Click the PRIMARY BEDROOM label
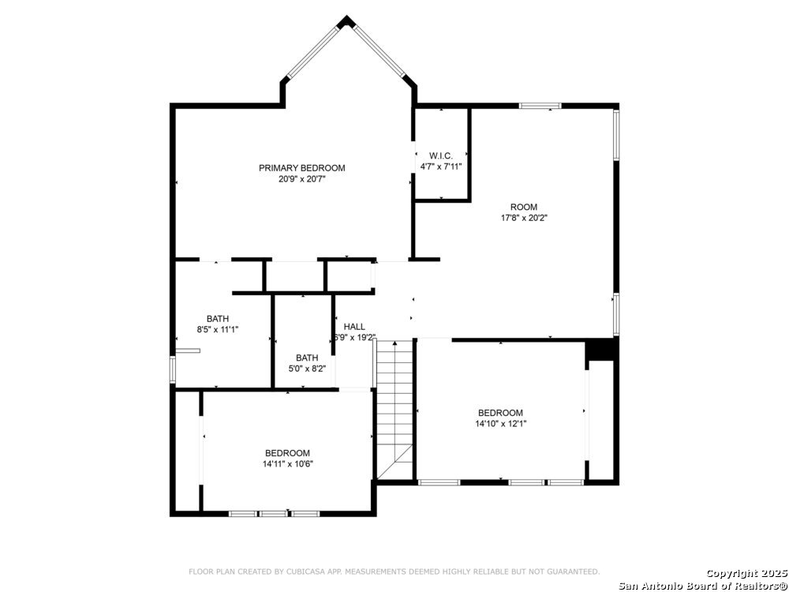click(302, 167)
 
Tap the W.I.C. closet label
click(441, 156)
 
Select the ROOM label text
click(524, 207)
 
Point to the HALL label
click(354, 327)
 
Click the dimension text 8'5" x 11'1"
click(218, 329)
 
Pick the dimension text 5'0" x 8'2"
click(307, 369)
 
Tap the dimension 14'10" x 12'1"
click(501, 424)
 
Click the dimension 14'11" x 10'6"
click(288, 463)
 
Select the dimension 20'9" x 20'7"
click(302, 178)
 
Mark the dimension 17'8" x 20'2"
click(524, 218)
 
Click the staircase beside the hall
click(395, 409)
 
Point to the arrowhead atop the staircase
click(395, 343)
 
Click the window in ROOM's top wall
click(540, 106)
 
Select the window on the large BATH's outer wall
click(173, 369)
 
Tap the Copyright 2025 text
click(746, 573)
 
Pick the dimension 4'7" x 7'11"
click(441, 166)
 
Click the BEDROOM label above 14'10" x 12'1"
click(501, 413)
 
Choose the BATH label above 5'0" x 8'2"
click(307, 358)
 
